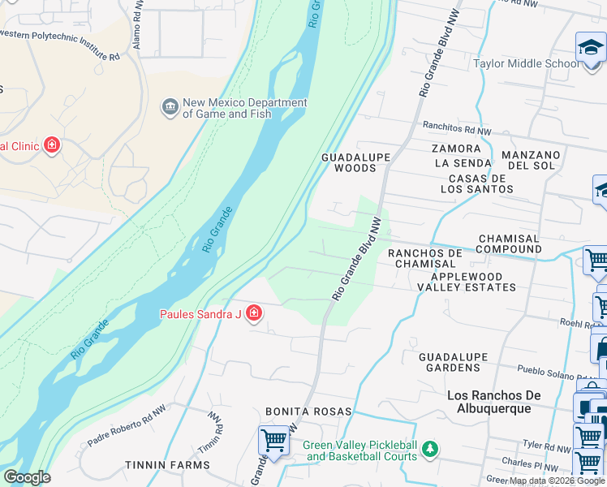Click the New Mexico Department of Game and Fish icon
coord(170,108)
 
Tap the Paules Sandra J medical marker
coord(254,313)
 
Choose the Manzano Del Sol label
coord(532,160)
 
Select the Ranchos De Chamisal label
coord(425,258)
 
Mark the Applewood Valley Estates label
coord(466,282)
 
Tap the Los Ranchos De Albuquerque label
coord(500,401)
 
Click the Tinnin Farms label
coord(167,465)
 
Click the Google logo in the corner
coord(27,477)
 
